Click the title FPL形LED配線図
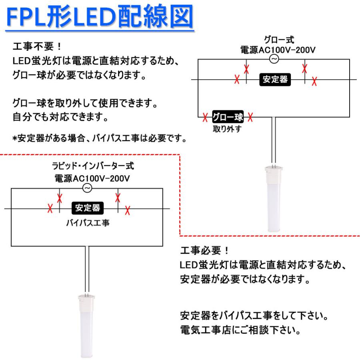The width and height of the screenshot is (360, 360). point(100,16)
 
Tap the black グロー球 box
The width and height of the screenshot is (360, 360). point(228,117)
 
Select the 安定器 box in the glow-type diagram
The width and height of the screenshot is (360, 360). point(275,80)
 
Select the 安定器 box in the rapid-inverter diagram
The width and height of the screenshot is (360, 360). point(88,208)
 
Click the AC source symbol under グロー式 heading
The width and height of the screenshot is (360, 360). point(274,59)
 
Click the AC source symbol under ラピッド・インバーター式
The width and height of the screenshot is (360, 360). point(87,188)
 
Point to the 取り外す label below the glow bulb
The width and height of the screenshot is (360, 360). point(227,129)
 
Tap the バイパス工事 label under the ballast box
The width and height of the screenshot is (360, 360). point(88,223)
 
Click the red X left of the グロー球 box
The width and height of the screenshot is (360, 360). point(205,117)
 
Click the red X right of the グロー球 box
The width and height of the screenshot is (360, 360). point(250,117)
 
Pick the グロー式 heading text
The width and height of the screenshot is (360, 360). point(279,40)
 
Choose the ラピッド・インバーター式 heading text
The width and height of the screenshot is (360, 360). point(93,166)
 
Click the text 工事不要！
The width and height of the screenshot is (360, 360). point(37,46)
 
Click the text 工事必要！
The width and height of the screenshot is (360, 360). point(204,250)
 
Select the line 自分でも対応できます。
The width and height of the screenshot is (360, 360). point(60,117)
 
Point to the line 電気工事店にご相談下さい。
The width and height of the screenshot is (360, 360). point(240,330)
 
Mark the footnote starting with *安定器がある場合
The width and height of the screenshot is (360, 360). point(100,138)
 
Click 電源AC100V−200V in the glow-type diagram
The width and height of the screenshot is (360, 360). point(278,50)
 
